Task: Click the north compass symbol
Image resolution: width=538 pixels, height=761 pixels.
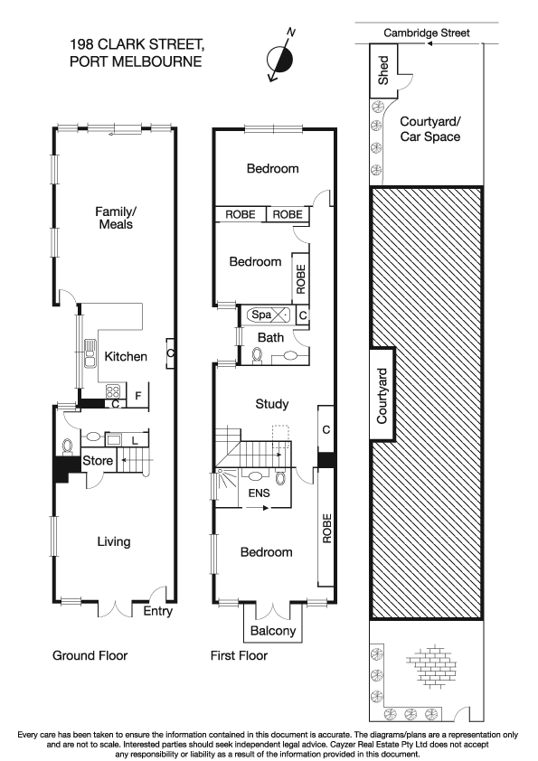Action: (281, 57)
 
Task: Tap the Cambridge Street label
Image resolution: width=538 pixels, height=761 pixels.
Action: (427, 33)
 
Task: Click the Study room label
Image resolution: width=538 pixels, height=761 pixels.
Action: (271, 404)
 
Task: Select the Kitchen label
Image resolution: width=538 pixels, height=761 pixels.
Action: (126, 356)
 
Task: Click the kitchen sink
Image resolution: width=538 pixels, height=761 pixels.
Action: (90, 353)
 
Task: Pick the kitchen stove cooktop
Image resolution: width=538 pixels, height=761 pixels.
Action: (116, 392)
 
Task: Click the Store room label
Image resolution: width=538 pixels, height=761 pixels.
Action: (98, 461)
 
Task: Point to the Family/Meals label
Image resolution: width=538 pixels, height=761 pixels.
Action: (115, 218)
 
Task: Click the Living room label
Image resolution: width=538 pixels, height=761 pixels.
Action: (114, 541)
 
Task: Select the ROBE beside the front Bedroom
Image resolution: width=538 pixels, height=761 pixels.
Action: (326, 528)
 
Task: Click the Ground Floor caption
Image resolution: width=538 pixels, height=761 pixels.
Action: (90, 655)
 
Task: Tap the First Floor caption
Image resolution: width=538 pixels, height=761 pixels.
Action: (239, 655)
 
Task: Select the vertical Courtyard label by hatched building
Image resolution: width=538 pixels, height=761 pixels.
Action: (382, 396)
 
